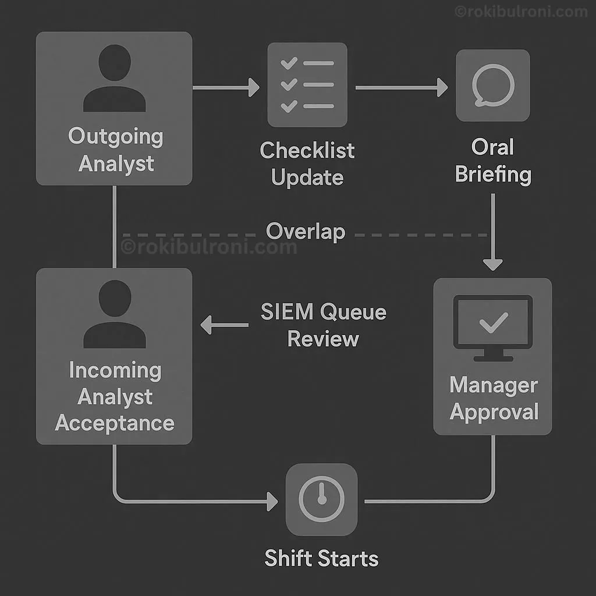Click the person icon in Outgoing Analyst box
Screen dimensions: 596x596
(114, 79)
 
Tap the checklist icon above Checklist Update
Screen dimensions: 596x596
(307, 84)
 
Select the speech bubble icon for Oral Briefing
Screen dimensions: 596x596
(492, 86)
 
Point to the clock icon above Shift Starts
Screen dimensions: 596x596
(321, 499)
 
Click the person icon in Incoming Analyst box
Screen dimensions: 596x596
(114, 315)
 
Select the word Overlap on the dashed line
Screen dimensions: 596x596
(306, 232)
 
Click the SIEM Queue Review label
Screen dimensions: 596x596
(323, 325)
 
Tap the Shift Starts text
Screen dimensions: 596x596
(321, 559)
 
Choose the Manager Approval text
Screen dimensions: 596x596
(494, 399)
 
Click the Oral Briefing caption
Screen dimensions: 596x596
(493, 161)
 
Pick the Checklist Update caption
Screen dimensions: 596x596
(307, 164)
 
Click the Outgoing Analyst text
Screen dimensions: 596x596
(115, 150)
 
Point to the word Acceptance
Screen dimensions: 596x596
(115, 423)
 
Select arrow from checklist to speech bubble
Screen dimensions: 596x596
(401, 88)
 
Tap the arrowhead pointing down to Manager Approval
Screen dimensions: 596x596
(492, 263)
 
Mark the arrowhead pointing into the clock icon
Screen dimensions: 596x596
(271, 501)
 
